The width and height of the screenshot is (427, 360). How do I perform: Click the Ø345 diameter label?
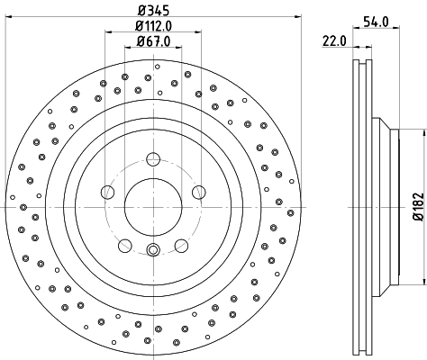(x=153, y=12)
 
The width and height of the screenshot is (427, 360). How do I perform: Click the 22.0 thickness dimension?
(x=334, y=40)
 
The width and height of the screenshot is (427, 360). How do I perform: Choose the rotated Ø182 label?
(x=417, y=206)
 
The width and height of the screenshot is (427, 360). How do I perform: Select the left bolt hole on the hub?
(x=108, y=191)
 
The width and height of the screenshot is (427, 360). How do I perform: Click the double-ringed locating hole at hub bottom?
(x=153, y=250)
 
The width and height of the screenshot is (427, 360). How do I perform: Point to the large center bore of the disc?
(x=153, y=206)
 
